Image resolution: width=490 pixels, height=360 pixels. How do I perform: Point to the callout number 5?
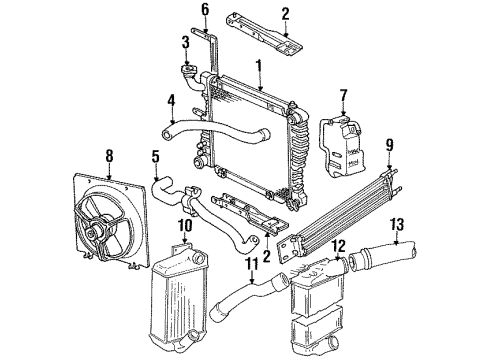point(155,156)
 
